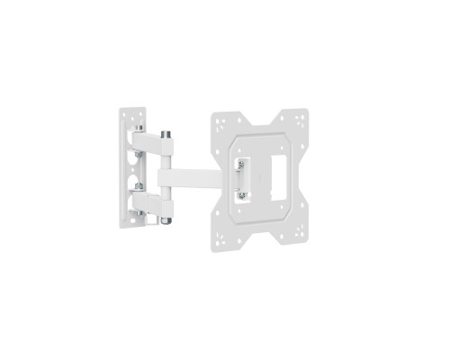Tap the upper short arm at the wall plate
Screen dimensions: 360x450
[149, 143]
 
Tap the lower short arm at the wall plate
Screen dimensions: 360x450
[149, 200]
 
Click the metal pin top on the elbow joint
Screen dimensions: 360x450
[166, 134]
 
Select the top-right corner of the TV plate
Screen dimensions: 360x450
[301, 117]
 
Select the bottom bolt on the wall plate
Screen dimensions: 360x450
[140, 212]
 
